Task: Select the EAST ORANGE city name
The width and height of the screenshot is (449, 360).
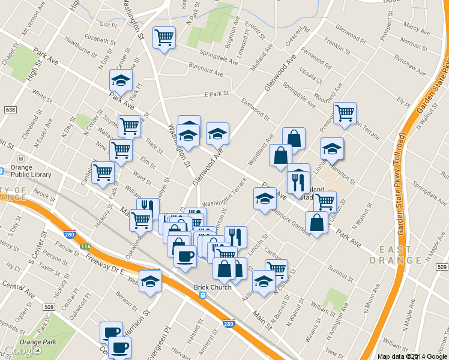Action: [x=395, y=254]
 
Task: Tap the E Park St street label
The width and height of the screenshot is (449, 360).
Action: [x=217, y=94]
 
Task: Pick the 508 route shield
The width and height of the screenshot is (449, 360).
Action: [x=49, y=308]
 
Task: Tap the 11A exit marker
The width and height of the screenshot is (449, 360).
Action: [x=86, y=247]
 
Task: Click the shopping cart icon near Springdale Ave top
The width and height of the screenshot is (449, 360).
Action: [x=164, y=37]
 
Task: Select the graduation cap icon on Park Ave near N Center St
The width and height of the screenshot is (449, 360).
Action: [x=121, y=80]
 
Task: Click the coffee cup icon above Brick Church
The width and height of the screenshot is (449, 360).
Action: [x=184, y=257]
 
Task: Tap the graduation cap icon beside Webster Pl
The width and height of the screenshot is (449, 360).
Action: [x=150, y=280]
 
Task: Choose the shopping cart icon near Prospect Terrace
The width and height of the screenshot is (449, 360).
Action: [x=345, y=113]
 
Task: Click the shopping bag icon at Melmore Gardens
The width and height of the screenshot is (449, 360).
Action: [x=316, y=223]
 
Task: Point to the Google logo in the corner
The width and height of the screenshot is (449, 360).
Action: [x=20, y=351]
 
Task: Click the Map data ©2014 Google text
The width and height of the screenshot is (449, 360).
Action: [x=412, y=356]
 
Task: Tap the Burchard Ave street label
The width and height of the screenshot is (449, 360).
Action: [x=205, y=71]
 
